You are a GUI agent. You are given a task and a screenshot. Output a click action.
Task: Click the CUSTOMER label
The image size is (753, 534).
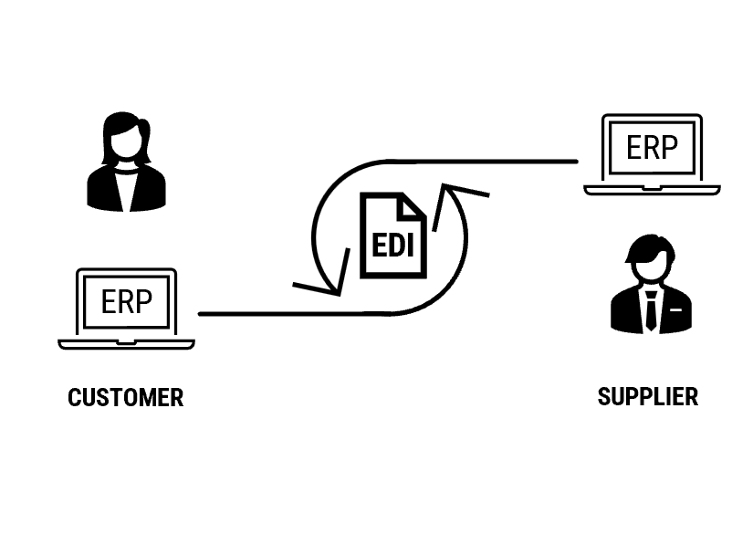pyautogui.click(x=126, y=398)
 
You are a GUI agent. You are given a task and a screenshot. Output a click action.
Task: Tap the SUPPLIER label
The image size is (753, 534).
pyautogui.click(x=648, y=397)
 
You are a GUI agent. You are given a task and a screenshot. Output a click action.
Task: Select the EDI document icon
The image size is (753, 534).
pyautogui.click(x=393, y=236)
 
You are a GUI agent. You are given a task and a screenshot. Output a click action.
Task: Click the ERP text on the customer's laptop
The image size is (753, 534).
pyautogui.click(x=127, y=301)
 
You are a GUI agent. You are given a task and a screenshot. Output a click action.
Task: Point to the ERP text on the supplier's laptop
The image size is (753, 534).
pyautogui.click(x=652, y=146)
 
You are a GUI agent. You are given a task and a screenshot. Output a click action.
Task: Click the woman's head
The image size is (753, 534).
pyautogui.click(x=126, y=139)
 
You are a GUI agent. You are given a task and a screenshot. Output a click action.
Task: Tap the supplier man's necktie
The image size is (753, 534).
pyautogui.click(x=650, y=310)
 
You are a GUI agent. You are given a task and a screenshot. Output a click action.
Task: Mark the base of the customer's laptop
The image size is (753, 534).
pyautogui.click(x=127, y=344)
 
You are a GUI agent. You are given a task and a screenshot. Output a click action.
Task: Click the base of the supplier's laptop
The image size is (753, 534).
pyautogui.click(x=652, y=190)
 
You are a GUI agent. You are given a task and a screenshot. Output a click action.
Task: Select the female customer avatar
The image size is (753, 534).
pyautogui.click(x=126, y=162)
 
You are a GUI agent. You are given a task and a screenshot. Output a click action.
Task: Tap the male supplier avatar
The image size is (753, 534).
pyautogui.click(x=650, y=285)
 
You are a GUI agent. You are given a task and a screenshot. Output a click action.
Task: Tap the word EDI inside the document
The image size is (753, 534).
pyautogui.click(x=393, y=245)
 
